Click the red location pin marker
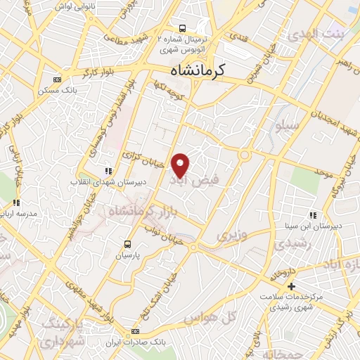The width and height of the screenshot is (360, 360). pyautogui.click(x=181, y=165)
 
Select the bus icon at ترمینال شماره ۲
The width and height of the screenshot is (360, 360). pyautogui.click(x=183, y=29)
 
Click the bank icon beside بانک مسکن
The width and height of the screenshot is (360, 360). pyautogui.click(x=58, y=79)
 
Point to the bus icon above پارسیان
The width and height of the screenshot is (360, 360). pyautogui.click(x=127, y=244)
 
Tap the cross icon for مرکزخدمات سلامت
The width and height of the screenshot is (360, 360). pyautogui.click(x=291, y=286)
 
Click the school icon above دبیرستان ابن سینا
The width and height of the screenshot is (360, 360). pyautogui.click(x=312, y=214)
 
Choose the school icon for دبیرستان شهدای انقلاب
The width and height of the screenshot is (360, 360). pyautogui.click(x=108, y=170)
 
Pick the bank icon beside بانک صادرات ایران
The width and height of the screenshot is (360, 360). pyautogui.click(x=136, y=331)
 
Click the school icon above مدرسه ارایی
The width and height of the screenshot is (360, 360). pyautogui.click(x=15, y=202)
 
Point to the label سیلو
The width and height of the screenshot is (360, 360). pyautogui.click(x=288, y=125)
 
